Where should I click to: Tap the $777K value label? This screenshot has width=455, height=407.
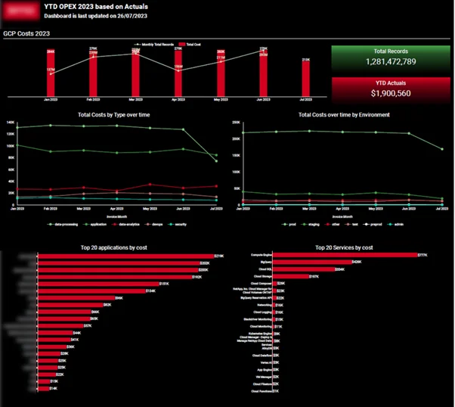tap(422, 256)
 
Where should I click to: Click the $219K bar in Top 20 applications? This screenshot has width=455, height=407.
tap(125, 256)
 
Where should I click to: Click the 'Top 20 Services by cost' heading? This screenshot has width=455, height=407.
tap(344, 247)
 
